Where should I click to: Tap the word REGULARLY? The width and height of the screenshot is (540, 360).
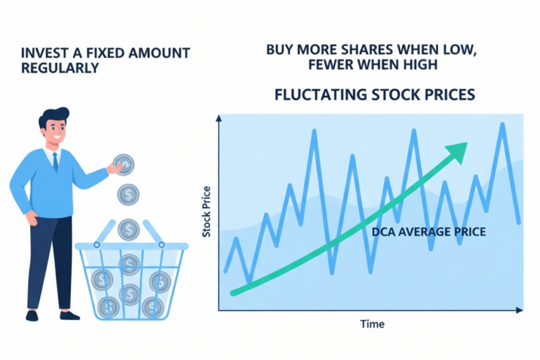60,69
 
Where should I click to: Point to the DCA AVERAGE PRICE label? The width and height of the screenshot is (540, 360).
429,231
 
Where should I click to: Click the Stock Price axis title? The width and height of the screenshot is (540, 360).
207,211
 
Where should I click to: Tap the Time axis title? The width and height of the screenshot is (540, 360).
372,323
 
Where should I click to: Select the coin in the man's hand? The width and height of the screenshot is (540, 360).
124,164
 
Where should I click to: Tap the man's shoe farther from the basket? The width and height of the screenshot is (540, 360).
32,315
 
